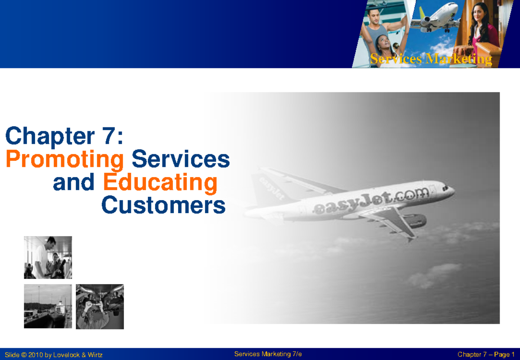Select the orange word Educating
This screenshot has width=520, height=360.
160,183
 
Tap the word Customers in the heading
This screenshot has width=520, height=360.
163,206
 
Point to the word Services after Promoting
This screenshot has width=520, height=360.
180,159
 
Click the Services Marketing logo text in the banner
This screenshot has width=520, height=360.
431,59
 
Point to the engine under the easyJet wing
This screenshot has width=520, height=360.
414,221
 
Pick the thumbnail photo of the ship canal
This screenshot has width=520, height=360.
48,306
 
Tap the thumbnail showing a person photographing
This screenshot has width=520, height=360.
100,306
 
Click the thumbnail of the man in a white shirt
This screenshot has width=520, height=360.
48,257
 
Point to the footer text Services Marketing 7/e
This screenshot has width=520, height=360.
268,354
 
